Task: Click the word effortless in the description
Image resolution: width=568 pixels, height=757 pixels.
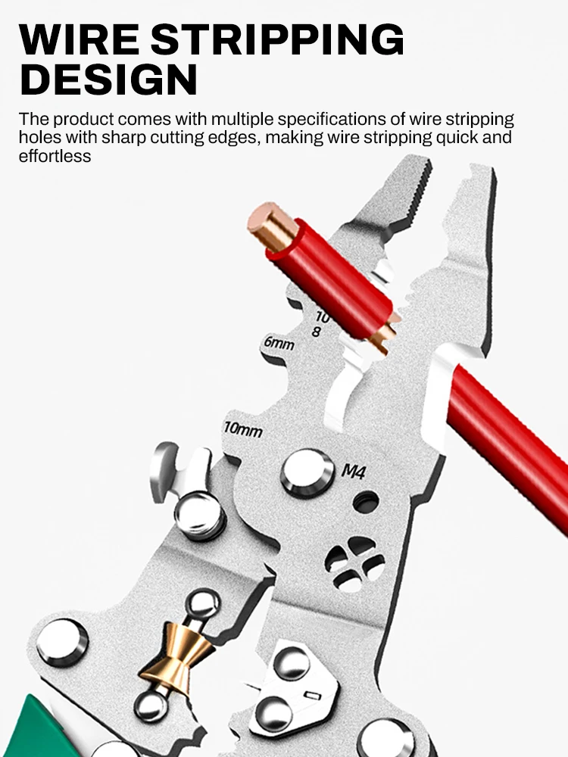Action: [x=55, y=156]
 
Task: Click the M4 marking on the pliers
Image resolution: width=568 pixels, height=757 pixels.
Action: [x=354, y=472]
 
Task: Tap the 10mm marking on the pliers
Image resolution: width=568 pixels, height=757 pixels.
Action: [x=242, y=429]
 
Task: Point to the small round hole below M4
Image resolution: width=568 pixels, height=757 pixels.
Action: [x=366, y=501]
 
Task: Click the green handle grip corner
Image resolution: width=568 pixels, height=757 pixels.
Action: [x=38, y=731]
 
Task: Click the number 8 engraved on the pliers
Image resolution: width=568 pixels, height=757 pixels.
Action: [x=317, y=331]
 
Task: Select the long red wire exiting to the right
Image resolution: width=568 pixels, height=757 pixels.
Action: [x=507, y=447]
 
